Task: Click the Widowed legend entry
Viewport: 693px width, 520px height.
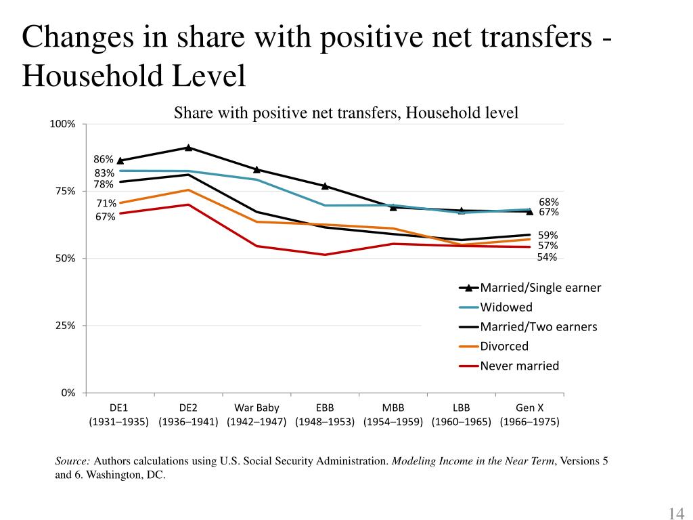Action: click(x=506, y=307)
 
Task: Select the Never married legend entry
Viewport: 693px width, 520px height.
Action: click(x=519, y=366)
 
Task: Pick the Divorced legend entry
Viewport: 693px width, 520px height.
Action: click(x=504, y=346)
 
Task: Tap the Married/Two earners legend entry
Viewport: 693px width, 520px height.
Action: click(x=538, y=326)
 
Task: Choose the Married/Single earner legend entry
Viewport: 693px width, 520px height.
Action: click(x=540, y=287)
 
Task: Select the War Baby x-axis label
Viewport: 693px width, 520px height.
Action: click(x=256, y=408)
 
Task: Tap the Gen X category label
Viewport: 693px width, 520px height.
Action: click(x=530, y=408)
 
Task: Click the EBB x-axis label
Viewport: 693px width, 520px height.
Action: click(x=325, y=408)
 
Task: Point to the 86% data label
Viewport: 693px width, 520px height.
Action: click(x=104, y=159)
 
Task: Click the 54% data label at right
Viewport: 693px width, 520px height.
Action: click(x=547, y=257)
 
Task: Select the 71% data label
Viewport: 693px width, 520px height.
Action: click(x=106, y=203)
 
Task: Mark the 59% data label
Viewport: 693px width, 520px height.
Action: click(x=548, y=235)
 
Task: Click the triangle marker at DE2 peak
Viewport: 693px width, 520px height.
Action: click(x=188, y=147)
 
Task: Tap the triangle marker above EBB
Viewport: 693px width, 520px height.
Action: click(x=325, y=186)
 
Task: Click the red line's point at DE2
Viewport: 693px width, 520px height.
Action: click(x=188, y=204)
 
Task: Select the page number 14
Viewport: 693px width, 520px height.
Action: click(x=676, y=512)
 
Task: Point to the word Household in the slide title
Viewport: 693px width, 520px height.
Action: click(x=93, y=76)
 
